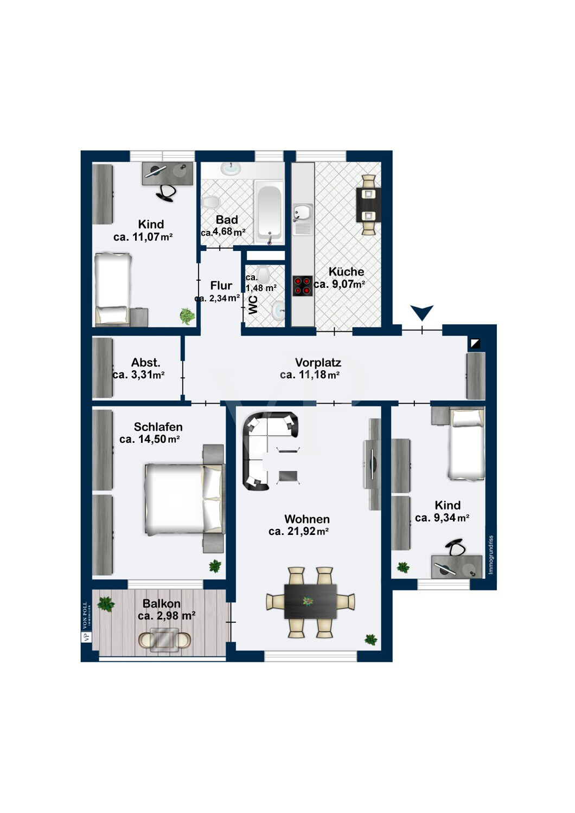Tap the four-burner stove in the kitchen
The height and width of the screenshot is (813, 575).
pyautogui.click(x=302, y=286)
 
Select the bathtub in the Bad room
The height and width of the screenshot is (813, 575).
pyautogui.click(x=269, y=211)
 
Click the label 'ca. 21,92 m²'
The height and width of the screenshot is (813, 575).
pyautogui.click(x=298, y=532)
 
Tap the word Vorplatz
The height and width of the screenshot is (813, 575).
pyautogui.click(x=318, y=363)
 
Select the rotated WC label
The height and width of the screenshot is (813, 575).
pyautogui.click(x=253, y=305)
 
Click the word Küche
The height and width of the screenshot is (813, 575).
pyautogui.click(x=346, y=272)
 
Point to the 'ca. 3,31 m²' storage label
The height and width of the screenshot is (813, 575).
pyautogui.click(x=138, y=375)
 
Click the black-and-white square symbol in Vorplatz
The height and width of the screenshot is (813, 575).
pyautogui.click(x=475, y=344)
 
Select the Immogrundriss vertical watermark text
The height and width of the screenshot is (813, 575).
pyautogui.click(x=491, y=555)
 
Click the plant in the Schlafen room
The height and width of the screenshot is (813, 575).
pyautogui.click(x=215, y=566)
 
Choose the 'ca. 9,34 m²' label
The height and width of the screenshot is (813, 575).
pyautogui.click(x=442, y=518)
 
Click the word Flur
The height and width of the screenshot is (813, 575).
pyautogui.click(x=221, y=286)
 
